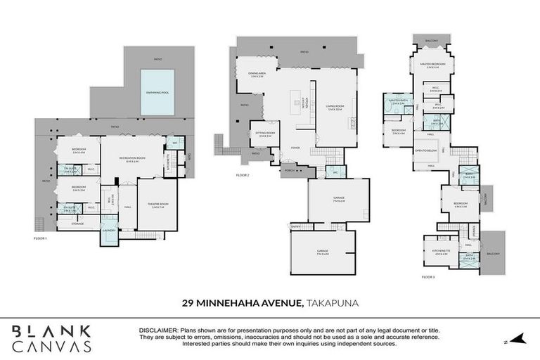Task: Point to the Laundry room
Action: (x=109, y=229)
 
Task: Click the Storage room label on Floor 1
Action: (x=77, y=224)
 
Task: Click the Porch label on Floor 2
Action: (x=288, y=170)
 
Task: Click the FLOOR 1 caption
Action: (x=40, y=239)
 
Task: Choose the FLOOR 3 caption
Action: (x=429, y=277)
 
